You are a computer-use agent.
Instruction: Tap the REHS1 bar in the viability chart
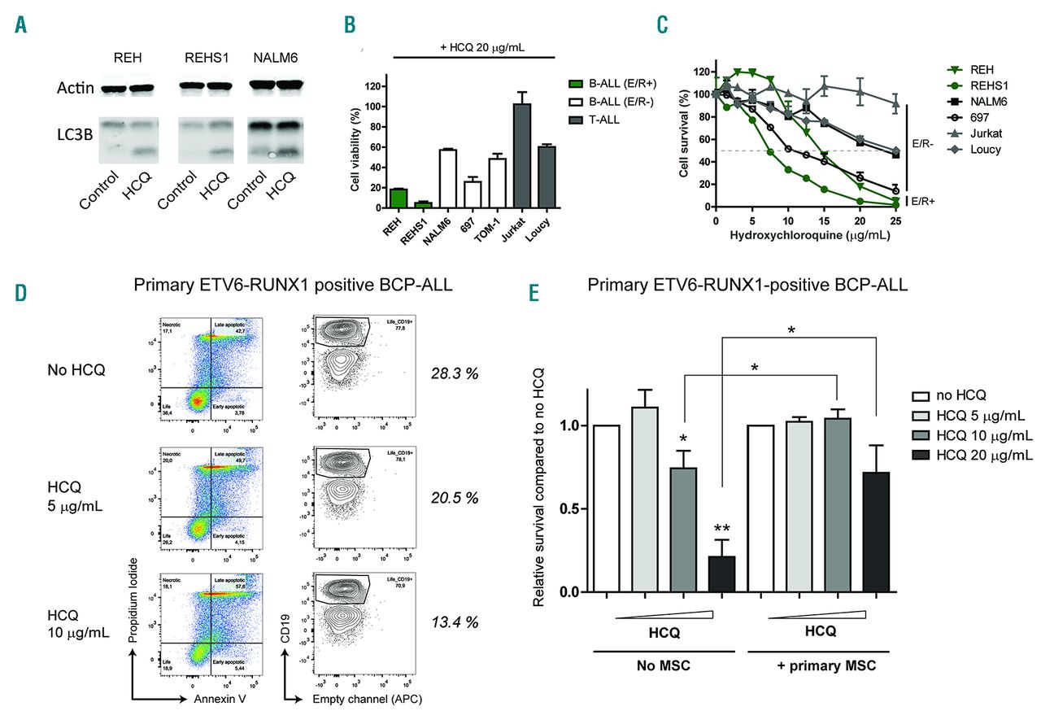click(x=420, y=204)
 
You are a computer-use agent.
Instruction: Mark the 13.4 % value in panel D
click(x=453, y=622)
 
